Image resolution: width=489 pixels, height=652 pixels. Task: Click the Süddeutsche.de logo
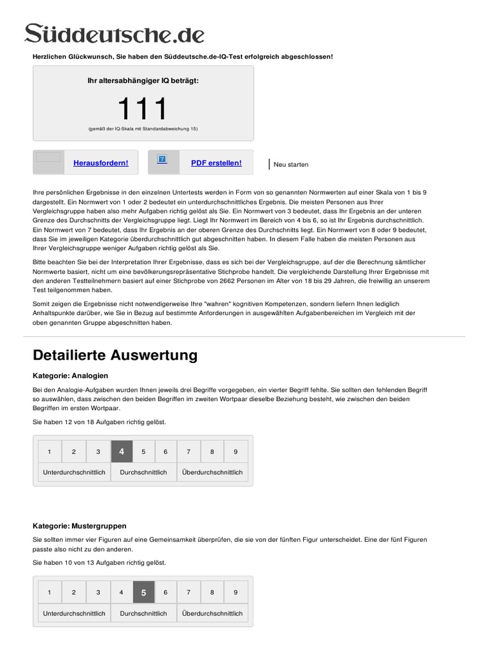[115, 33]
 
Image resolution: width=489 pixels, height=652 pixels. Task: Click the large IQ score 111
[143, 109]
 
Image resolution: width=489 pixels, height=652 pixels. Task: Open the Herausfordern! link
[101, 163]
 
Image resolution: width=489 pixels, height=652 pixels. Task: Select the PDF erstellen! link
[216, 163]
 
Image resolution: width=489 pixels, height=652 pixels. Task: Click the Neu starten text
[291, 165]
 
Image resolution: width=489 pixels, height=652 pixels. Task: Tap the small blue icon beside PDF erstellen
[162, 159]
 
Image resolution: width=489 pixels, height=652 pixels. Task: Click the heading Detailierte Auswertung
[115, 355]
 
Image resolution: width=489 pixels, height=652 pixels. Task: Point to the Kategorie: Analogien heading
[71, 376]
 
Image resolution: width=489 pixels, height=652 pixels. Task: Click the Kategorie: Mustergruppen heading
[80, 526]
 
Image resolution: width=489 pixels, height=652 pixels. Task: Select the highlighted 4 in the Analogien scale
[122, 451]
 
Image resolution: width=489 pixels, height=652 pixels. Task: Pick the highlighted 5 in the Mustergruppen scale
[144, 592]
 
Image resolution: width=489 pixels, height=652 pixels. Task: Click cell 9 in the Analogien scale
[236, 451]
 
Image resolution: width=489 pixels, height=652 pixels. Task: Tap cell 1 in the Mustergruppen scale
[50, 592]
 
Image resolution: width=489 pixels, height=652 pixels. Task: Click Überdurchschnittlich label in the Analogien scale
[212, 472]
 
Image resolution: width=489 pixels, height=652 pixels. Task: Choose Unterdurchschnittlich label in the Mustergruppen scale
[74, 613]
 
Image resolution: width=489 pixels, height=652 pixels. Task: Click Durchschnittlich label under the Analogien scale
[143, 472]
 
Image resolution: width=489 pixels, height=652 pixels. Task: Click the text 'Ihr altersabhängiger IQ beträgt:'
[143, 81]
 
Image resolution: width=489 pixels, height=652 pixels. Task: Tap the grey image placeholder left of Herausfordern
[48, 157]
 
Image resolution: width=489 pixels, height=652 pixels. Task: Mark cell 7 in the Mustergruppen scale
[188, 592]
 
